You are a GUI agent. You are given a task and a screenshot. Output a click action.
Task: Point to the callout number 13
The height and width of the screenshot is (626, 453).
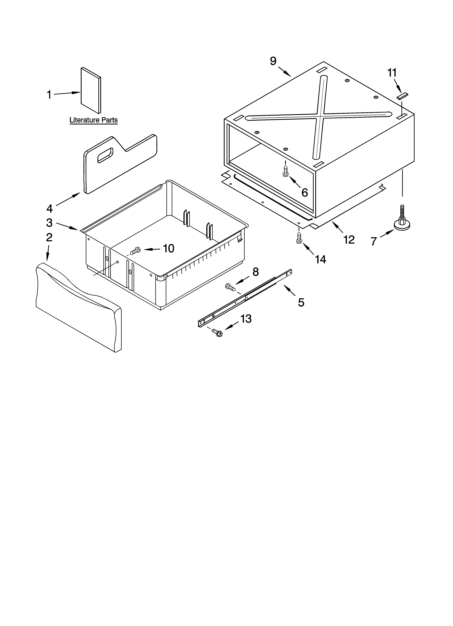pyautogui.click(x=246, y=319)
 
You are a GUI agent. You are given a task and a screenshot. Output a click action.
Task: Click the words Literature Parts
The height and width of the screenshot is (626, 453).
pyautogui.click(x=93, y=120)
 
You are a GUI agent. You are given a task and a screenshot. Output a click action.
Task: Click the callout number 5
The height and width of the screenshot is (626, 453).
pyautogui.click(x=301, y=303)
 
